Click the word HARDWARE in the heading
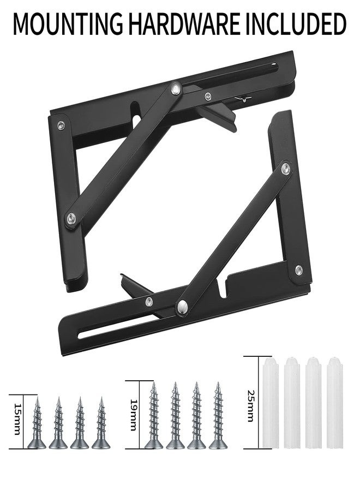[x=185, y=24]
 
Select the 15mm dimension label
[x=17, y=419]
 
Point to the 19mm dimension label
[x=133, y=415]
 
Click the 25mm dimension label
[x=250, y=406]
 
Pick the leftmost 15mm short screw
[x=37, y=423]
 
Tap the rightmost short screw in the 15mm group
[x=101, y=423]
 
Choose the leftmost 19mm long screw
[x=154, y=416]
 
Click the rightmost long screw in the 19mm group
[x=218, y=416]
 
